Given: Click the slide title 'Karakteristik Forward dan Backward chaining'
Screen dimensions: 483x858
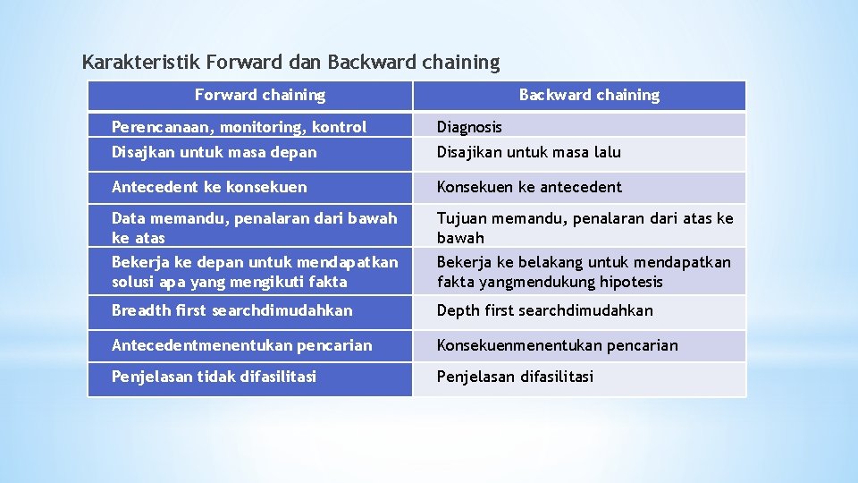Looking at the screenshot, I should pos(290,63).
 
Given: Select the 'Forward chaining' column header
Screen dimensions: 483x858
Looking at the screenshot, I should pos(260,95).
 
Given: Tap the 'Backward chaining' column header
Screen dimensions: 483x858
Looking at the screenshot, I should pos(589,95).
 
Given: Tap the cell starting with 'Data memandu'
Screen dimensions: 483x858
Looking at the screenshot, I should pos(248,227).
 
